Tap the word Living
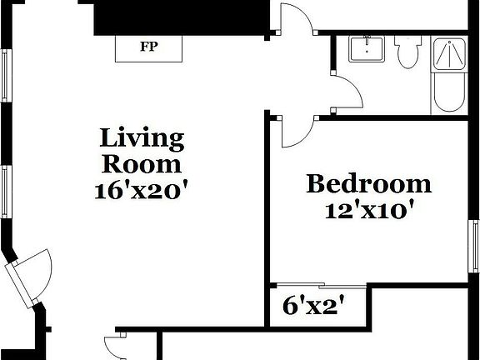click(x=142, y=137)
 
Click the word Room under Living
click(x=142, y=163)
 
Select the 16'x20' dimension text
click(x=142, y=189)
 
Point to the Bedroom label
click(x=368, y=183)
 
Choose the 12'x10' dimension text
click(x=368, y=209)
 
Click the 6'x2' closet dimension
click(x=313, y=306)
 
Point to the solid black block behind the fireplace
click(x=179, y=17)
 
